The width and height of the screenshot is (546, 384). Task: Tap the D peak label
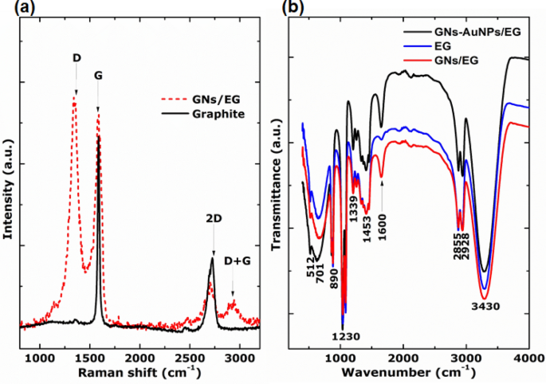76,58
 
